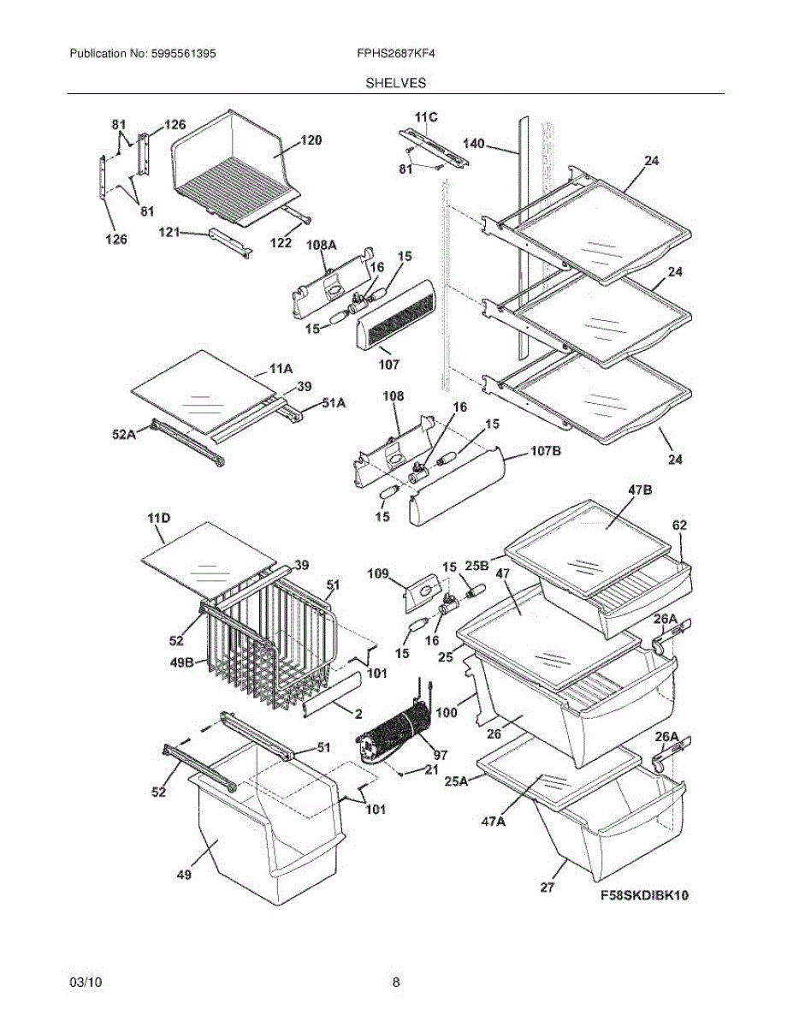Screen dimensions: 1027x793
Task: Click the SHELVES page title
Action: (x=396, y=83)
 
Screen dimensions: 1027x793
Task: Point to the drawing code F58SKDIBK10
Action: (x=644, y=896)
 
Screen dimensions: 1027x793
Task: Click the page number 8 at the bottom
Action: (x=396, y=982)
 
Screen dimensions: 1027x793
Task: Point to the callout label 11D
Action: (x=158, y=519)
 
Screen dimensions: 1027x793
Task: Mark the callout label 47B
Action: (x=640, y=490)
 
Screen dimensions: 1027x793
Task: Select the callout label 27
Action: (x=547, y=887)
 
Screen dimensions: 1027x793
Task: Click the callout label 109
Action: (x=378, y=573)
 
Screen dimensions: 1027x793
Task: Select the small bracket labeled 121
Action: (x=229, y=240)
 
